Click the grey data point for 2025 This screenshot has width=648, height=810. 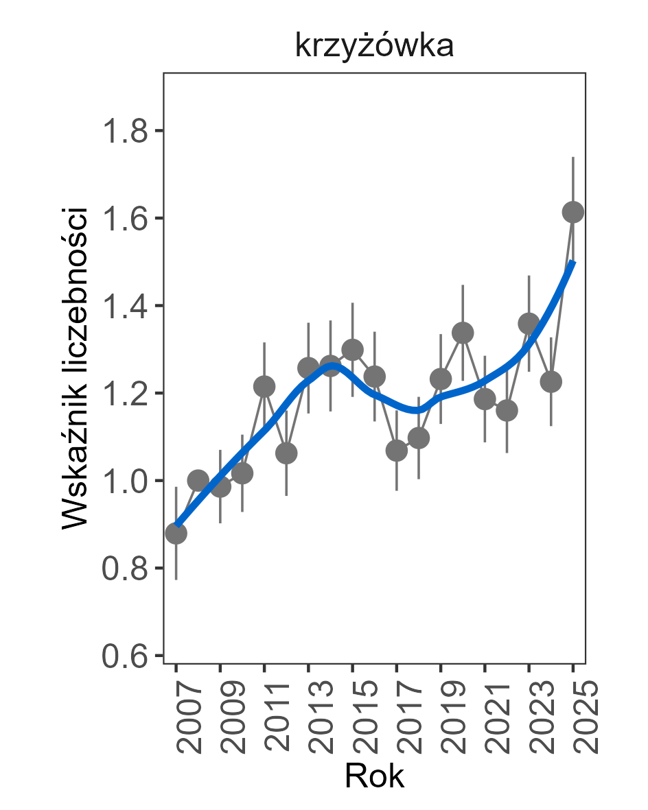coord(573,213)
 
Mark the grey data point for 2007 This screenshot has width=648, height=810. coord(176,534)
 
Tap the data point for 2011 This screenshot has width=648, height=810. coord(264,387)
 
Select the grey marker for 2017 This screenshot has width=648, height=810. coord(397,451)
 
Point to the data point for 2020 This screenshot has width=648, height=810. coord(463,333)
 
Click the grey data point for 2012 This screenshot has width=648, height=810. coord(286,453)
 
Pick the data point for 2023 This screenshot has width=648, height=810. coord(529,323)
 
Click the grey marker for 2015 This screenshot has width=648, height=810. coord(353,350)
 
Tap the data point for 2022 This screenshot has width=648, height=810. coord(507,411)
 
